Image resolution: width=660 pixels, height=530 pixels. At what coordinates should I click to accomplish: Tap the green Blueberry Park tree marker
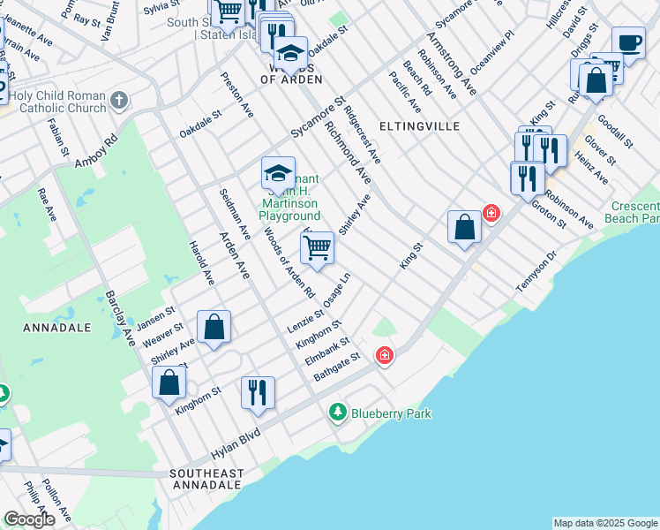(x=337, y=412)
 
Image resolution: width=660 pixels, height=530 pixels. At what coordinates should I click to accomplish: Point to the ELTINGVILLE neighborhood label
(x=420, y=126)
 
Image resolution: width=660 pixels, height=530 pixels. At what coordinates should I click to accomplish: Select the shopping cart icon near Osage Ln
(x=317, y=249)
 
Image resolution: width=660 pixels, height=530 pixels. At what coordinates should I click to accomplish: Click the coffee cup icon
(x=628, y=43)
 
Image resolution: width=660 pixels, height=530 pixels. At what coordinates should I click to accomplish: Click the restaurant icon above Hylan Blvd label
(x=258, y=393)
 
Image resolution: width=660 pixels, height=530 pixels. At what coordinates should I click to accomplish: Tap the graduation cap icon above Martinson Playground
(x=278, y=173)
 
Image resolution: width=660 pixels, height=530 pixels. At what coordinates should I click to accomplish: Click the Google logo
(x=29, y=519)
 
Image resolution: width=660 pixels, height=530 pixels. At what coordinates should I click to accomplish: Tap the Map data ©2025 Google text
(x=605, y=523)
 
